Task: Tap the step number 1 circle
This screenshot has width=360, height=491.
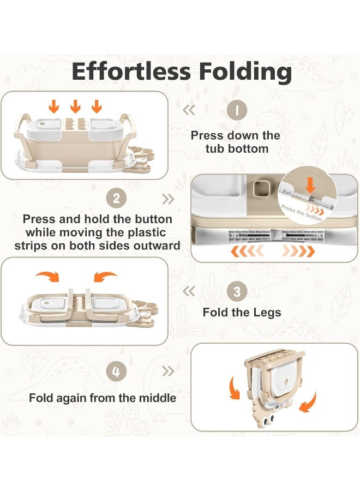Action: click(x=237, y=111)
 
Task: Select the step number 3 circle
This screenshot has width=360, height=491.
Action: click(x=237, y=291)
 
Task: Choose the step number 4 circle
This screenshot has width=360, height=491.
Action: click(x=116, y=373)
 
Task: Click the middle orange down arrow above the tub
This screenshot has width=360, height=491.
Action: click(x=75, y=106)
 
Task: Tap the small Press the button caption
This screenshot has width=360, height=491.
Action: click(x=302, y=213)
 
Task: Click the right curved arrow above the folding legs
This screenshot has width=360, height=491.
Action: click(x=105, y=277)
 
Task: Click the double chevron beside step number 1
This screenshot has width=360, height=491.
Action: click(x=189, y=110)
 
